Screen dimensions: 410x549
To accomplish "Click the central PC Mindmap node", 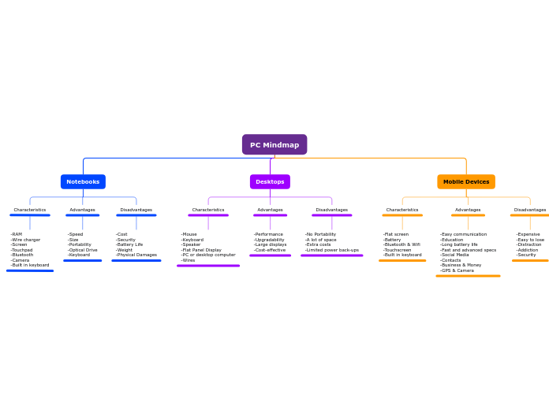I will (x=274, y=145).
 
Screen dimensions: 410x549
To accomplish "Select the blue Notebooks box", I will (x=83, y=182).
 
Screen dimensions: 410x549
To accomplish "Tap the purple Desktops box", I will (x=270, y=182).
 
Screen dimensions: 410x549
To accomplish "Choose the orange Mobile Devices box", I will (x=466, y=182).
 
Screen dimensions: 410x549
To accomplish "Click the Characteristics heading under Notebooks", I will (x=30, y=210).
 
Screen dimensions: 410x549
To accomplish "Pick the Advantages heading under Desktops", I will (x=270, y=210).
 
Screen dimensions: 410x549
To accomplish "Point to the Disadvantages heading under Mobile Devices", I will (x=529, y=210).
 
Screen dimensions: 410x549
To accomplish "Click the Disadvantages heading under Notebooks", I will (x=136, y=210).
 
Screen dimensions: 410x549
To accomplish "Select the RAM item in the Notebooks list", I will (x=17, y=234).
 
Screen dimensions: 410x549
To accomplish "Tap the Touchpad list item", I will (x=22, y=250).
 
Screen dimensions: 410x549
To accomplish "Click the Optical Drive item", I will (x=83, y=250).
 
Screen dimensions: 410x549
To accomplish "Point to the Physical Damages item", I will (x=136, y=255).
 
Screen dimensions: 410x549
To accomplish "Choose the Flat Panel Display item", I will (x=202, y=250).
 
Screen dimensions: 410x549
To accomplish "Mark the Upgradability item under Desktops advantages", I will (x=270, y=240).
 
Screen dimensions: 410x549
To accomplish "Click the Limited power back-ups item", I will (x=332, y=250).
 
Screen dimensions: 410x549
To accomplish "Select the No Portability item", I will (x=321, y=234).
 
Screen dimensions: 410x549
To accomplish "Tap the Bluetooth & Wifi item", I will (x=402, y=244).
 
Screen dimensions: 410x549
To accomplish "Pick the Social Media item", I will (x=455, y=255).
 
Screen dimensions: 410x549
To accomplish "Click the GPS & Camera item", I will (x=458, y=270).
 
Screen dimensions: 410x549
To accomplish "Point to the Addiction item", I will (x=528, y=250).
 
